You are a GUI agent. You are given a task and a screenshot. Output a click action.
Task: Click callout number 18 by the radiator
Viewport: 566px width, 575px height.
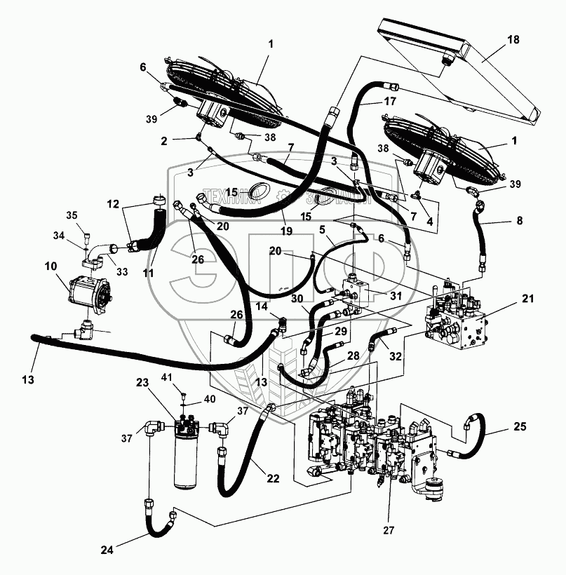(x=513, y=39)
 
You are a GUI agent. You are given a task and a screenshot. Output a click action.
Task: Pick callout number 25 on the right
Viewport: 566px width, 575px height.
(x=520, y=427)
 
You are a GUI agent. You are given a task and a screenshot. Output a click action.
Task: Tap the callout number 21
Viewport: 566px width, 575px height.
(x=527, y=299)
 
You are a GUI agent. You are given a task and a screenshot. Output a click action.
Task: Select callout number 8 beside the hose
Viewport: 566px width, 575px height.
(x=519, y=221)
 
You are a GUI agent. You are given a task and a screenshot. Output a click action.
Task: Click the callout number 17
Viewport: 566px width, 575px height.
(x=391, y=102)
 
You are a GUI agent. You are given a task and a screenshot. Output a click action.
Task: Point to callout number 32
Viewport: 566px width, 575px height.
(x=396, y=356)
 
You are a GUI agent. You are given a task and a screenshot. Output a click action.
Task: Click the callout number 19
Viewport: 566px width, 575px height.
(x=285, y=229)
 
